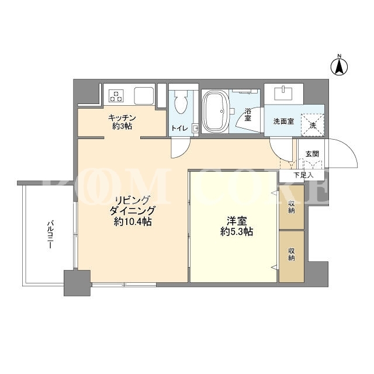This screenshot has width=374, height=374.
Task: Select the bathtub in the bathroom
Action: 215,112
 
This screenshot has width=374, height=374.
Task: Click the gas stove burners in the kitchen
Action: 116,96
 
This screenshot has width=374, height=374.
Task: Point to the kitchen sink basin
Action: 144,96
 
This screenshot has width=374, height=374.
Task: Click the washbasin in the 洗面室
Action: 283,93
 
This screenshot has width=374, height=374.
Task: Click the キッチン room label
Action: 122,117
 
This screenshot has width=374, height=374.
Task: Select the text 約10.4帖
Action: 133,222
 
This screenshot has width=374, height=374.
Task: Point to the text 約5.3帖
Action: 237,231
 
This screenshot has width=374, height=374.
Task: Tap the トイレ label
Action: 180,129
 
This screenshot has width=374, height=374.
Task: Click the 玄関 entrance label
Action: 312,154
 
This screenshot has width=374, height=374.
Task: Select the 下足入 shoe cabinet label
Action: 303,175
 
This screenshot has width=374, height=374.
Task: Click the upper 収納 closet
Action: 292,207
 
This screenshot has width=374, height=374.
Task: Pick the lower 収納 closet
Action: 292,256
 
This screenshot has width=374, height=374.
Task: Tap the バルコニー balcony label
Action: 50,235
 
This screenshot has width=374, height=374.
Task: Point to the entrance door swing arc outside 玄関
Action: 351,149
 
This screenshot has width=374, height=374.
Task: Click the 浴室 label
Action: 248,115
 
